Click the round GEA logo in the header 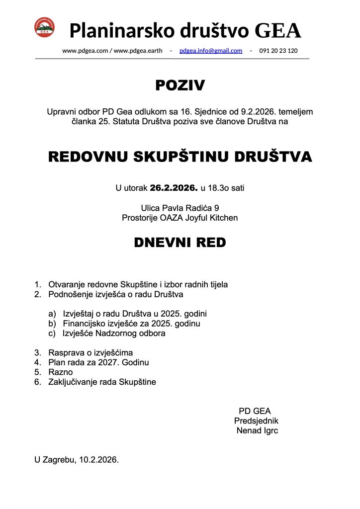point(44,27)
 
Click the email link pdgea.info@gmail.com point(211,51)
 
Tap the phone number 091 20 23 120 point(278,51)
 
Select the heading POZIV point(180,85)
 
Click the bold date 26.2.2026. point(174,188)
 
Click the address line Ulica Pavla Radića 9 point(180,208)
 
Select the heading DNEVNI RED point(180,243)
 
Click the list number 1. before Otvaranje point(37,285)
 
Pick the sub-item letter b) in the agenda point(52,324)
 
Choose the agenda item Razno point(60,372)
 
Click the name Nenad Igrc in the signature point(257,430)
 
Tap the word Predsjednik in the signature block point(256,421)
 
